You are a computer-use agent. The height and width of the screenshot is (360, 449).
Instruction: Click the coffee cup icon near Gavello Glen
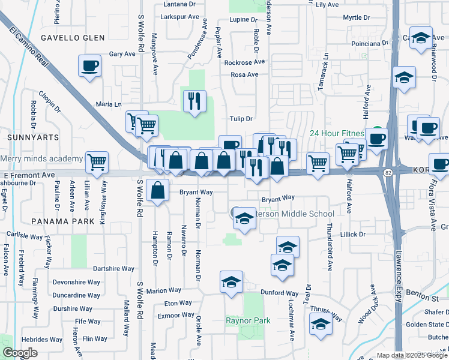[x=89, y=65]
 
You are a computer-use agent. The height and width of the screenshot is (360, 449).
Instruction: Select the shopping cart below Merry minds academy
[x=97, y=161]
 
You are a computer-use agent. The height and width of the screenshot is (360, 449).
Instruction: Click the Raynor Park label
[x=248, y=320]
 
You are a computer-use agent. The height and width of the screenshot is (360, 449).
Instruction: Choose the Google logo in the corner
[x=20, y=353]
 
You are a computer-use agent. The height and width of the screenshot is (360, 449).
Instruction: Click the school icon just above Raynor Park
[x=231, y=283]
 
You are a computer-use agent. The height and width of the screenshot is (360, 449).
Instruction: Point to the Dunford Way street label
[x=277, y=294]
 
